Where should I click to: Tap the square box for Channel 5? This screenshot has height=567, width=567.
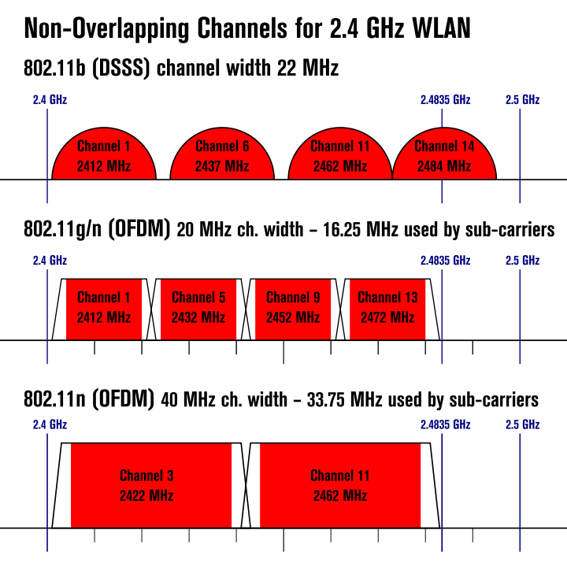point(198,309)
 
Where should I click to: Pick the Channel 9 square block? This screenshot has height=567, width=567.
point(293,309)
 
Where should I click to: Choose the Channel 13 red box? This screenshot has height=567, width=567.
point(387,309)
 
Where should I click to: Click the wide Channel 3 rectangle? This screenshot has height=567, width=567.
point(151,485)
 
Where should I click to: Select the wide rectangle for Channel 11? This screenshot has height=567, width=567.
point(340,485)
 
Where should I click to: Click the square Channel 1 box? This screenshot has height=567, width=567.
point(104,309)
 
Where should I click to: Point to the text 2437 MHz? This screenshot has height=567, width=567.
point(222,167)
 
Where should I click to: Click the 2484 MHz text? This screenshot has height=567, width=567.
point(444,167)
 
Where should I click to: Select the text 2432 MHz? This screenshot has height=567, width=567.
point(198,318)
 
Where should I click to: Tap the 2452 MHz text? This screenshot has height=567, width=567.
point(293,318)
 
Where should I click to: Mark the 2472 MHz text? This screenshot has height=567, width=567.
point(387,318)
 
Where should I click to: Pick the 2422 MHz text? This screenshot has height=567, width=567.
point(146,496)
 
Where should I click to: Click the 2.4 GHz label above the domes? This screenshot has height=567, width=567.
point(50,100)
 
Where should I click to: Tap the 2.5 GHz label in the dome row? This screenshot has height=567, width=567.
point(522,100)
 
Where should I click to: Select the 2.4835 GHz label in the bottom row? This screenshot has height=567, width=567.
point(445,424)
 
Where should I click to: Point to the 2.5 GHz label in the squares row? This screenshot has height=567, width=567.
point(522,261)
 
